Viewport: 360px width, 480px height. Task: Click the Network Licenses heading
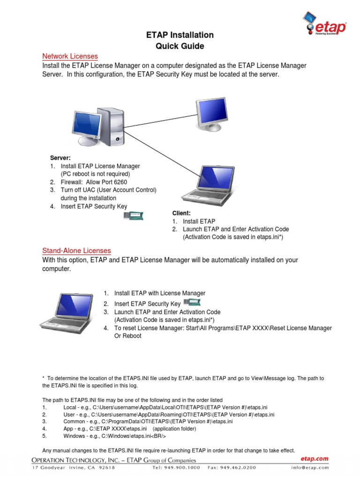(x=70, y=56)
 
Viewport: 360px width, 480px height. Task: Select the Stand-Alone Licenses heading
(x=76, y=251)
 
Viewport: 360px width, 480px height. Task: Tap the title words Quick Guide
(x=180, y=46)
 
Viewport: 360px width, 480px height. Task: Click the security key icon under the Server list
(x=133, y=216)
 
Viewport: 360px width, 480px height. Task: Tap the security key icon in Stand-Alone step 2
(x=192, y=303)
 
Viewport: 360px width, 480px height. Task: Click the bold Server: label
(x=60, y=157)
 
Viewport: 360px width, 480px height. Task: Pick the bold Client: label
(x=181, y=213)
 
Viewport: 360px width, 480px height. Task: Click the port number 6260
(x=119, y=182)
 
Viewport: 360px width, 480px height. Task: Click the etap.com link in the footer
(x=315, y=459)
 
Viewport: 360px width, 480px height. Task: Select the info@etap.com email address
(x=309, y=467)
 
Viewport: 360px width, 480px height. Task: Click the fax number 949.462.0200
(x=238, y=467)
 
